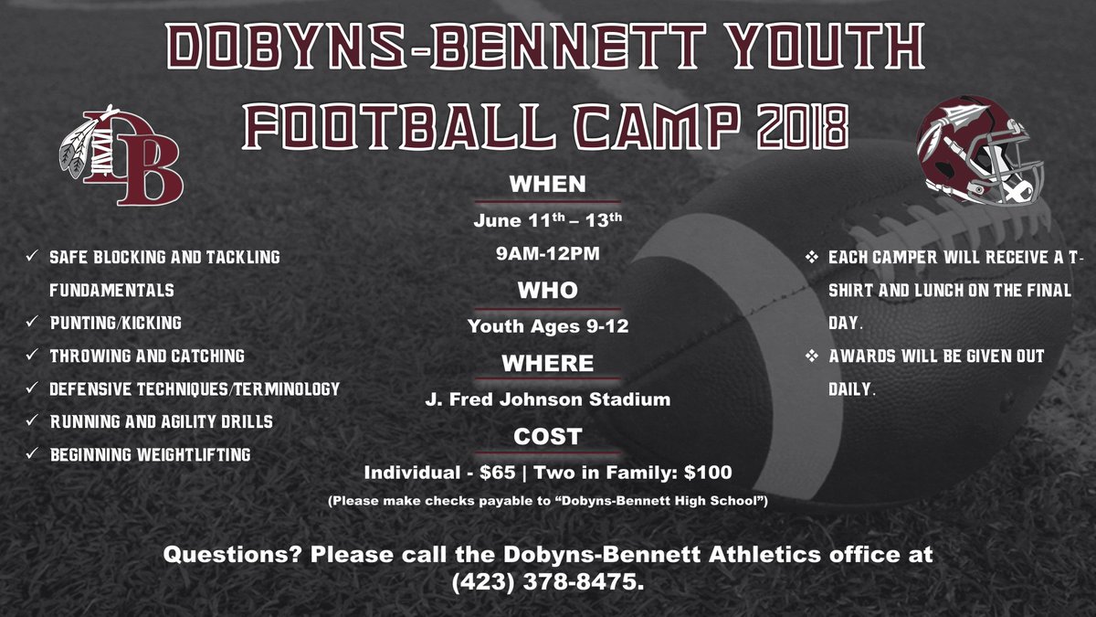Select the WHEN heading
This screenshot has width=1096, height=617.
pos(547,184)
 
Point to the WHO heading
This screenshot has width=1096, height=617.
pos(547,291)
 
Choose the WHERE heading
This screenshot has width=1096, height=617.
pos(547,363)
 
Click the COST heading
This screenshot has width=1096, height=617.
pos(547,437)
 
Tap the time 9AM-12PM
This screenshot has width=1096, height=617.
pos(547,254)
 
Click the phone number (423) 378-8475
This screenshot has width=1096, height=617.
pos(547,582)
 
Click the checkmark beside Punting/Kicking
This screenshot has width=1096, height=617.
pos(32,323)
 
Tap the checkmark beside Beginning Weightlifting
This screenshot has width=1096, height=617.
pos(32,453)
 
